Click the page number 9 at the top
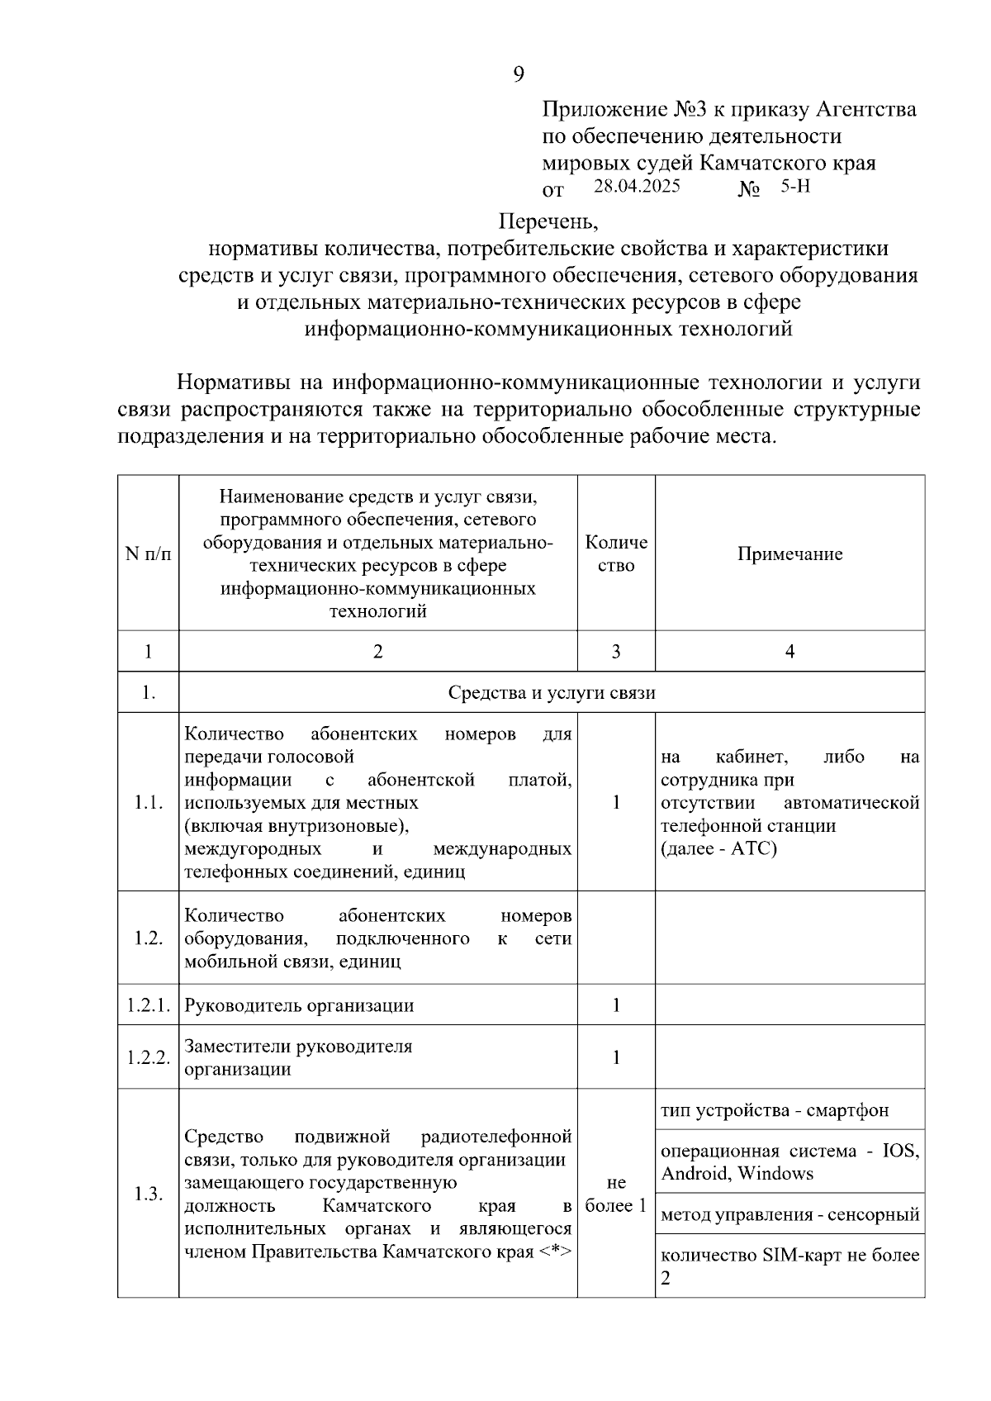click(x=518, y=75)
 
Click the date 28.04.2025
click(x=637, y=186)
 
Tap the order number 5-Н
click(x=795, y=186)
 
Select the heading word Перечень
click(x=547, y=221)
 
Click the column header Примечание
click(x=789, y=554)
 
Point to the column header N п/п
click(x=149, y=554)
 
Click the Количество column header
click(x=616, y=554)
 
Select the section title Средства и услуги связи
click(x=551, y=692)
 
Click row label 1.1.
click(x=149, y=802)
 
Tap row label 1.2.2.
click(x=149, y=1057)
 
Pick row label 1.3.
click(x=149, y=1194)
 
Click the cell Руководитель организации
click(x=299, y=1005)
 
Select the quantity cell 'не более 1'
click(x=616, y=1194)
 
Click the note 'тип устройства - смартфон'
click(x=775, y=1110)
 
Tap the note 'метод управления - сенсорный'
click(x=789, y=1214)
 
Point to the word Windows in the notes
click(x=775, y=1174)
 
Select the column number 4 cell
click(x=789, y=652)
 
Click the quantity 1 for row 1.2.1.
click(x=616, y=1005)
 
